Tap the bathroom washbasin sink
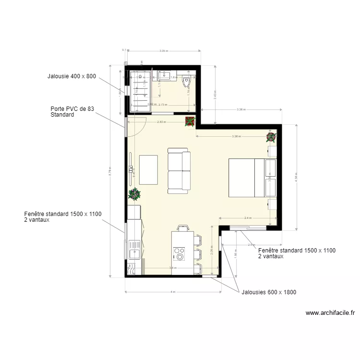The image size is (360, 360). coord(163,75)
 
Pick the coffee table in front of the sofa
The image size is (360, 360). coord(148,170)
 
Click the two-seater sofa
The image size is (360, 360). coord(179,171)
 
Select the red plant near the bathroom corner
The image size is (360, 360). coord(190,122)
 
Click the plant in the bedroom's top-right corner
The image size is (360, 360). coord(271,137)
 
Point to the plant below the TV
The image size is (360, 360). coord(135,194)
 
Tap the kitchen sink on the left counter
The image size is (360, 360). coord(133,251)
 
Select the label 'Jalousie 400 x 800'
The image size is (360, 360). coord(72,76)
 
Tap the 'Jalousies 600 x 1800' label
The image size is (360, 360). coord(272,291)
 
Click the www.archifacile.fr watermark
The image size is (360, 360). coord(330,312)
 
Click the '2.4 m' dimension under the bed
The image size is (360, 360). coord(248,218)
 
